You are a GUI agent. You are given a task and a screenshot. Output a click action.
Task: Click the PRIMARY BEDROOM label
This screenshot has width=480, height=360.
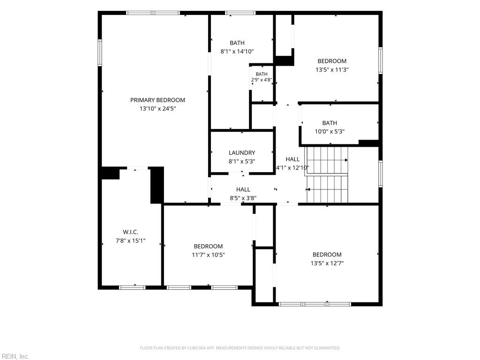point(157,100)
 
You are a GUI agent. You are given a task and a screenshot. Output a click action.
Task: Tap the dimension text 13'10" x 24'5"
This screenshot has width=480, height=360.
point(157,109)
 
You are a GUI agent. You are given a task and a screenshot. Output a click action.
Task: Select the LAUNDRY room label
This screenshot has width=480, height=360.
point(242,153)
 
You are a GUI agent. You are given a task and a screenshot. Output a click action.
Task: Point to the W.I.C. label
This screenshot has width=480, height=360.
point(131,232)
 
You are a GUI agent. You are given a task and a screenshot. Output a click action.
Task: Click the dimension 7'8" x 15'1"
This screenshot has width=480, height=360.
point(130,240)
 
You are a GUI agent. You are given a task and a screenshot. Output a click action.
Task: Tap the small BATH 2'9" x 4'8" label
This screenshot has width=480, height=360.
point(262,77)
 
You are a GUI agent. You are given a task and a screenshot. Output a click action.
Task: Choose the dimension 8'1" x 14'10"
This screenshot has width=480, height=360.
point(237,52)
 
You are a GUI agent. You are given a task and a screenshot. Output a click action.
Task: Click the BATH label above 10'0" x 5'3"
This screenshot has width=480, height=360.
point(330,123)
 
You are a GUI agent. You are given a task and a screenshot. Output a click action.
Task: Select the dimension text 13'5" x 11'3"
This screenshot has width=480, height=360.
point(332,69)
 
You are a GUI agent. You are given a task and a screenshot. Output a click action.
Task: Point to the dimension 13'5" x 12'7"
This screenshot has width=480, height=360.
point(327,263)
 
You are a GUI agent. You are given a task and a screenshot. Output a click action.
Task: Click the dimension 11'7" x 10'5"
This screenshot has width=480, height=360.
point(208,255)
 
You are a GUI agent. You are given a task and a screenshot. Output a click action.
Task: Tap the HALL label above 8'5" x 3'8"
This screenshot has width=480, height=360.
point(243,189)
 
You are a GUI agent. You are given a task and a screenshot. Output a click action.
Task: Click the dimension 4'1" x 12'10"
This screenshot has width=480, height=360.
point(292,168)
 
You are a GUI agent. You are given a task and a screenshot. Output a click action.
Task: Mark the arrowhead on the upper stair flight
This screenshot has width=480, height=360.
point(346,160)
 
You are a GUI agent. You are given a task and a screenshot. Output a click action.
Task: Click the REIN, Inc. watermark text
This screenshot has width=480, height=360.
point(15,356)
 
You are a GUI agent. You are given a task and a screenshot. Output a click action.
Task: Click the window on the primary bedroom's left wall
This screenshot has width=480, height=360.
point(100,52)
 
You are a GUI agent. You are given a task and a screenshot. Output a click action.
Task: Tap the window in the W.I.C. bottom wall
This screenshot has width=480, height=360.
point(132,287)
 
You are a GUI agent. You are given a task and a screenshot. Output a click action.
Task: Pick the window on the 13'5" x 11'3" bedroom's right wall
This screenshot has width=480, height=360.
point(381,60)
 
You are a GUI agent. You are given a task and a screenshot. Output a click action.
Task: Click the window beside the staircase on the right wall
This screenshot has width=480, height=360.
point(381,173)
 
